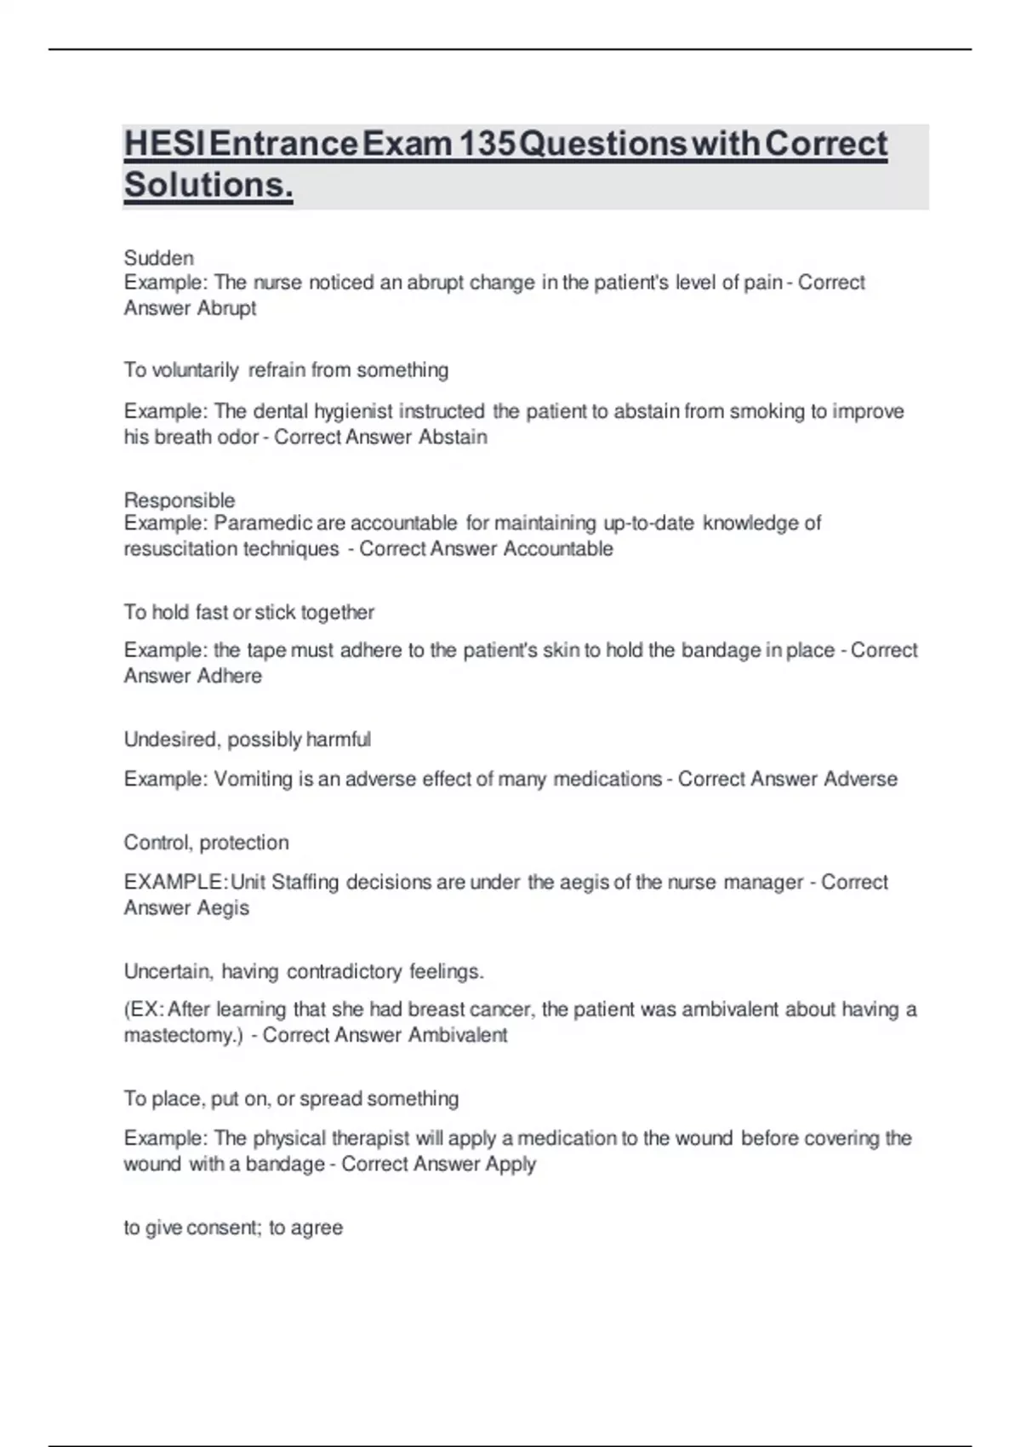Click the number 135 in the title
click(486, 144)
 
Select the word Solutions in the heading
click(208, 185)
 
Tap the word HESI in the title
click(163, 144)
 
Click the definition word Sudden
click(159, 258)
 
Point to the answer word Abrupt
click(226, 308)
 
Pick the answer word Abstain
click(453, 438)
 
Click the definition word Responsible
click(180, 500)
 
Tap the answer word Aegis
click(223, 908)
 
